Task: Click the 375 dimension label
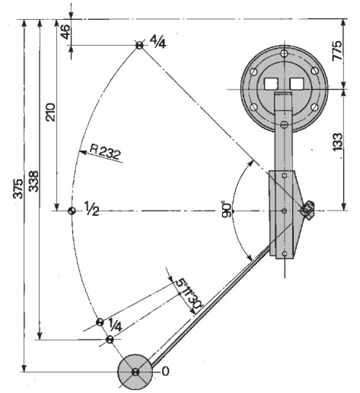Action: [x=18, y=188]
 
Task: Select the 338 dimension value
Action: [x=33, y=181]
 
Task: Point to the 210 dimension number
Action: [x=51, y=112]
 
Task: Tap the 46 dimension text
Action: [x=65, y=32]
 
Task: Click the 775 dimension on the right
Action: [x=337, y=50]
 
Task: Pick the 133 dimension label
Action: [x=337, y=142]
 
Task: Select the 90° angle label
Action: [x=227, y=209]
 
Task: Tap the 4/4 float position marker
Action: [x=139, y=46]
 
